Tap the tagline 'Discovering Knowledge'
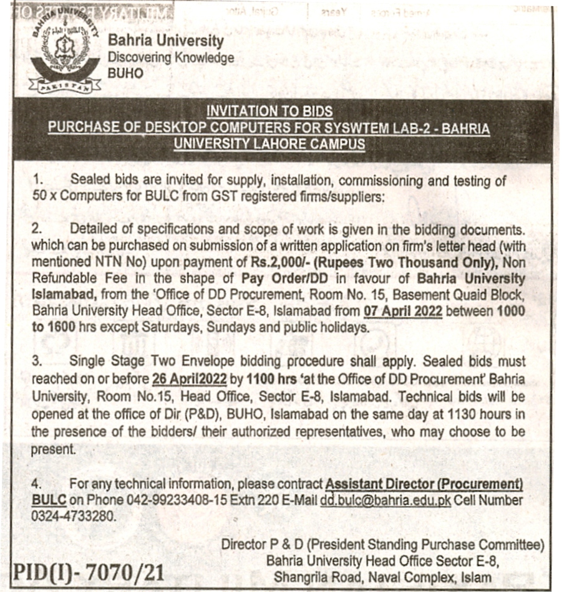(171, 57)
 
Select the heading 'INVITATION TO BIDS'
(269, 112)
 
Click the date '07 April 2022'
(402, 310)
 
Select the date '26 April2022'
(188, 379)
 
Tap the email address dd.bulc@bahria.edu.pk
(385, 500)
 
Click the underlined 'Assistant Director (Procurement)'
(424, 484)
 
